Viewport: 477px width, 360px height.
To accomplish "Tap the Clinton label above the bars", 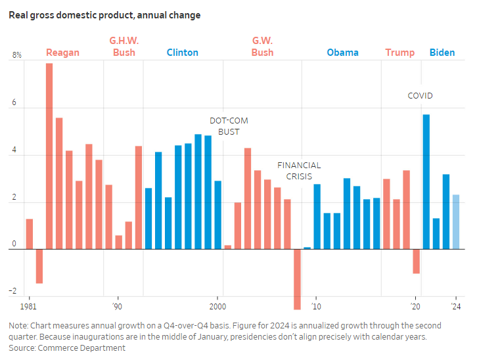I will point(182,53).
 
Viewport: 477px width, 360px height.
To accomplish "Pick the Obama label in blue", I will point(342,53).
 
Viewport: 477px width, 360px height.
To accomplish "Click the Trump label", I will point(399,53).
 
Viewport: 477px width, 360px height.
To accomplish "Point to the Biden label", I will point(442,53).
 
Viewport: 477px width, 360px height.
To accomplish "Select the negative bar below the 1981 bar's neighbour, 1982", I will point(39,266).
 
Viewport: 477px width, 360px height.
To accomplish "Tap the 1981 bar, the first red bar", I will point(30,234).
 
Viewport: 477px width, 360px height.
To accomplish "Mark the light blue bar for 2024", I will point(456,222).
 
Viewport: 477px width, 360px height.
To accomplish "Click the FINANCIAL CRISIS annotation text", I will point(299,171).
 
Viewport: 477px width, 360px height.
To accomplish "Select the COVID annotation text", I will point(420,96).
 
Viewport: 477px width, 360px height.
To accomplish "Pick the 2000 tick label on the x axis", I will point(217,307).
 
